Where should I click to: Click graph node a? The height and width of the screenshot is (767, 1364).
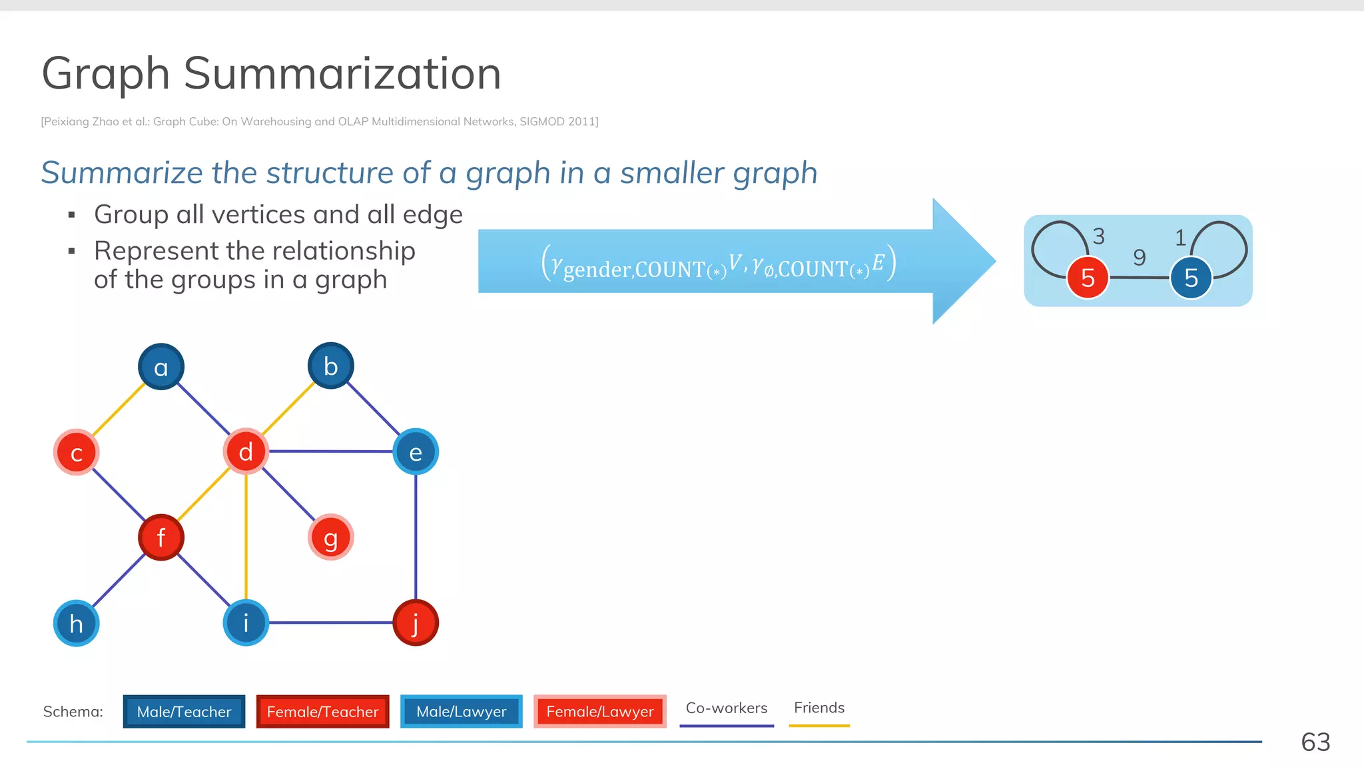click(161, 367)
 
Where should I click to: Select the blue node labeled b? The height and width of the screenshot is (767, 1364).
click(331, 366)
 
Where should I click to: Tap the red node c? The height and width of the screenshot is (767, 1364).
click(77, 453)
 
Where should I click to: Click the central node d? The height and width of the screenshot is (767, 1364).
click(246, 451)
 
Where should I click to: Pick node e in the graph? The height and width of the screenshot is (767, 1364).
click(416, 452)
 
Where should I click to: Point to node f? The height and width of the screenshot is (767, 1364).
click(161, 537)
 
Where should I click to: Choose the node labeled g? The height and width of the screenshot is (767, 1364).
click(331, 537)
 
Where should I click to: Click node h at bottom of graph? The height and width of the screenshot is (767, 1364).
click(77, 623)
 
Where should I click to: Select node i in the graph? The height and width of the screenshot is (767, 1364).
click(246, 623)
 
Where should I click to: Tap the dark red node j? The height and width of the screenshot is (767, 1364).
click(416, 623)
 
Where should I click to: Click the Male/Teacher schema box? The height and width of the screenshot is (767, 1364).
click(184, 712)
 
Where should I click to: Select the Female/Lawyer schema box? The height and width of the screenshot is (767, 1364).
click(600, 712)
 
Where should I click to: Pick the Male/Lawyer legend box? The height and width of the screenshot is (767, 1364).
click(461, 712)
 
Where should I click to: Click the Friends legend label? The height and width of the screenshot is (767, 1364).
click(819, 708)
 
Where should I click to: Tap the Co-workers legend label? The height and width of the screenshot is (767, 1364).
click(727, 708)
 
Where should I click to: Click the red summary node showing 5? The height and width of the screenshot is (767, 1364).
click(1088, 278)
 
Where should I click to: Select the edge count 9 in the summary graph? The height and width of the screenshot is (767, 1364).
click(1140, 257)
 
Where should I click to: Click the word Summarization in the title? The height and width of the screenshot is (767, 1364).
click(342, 73)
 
